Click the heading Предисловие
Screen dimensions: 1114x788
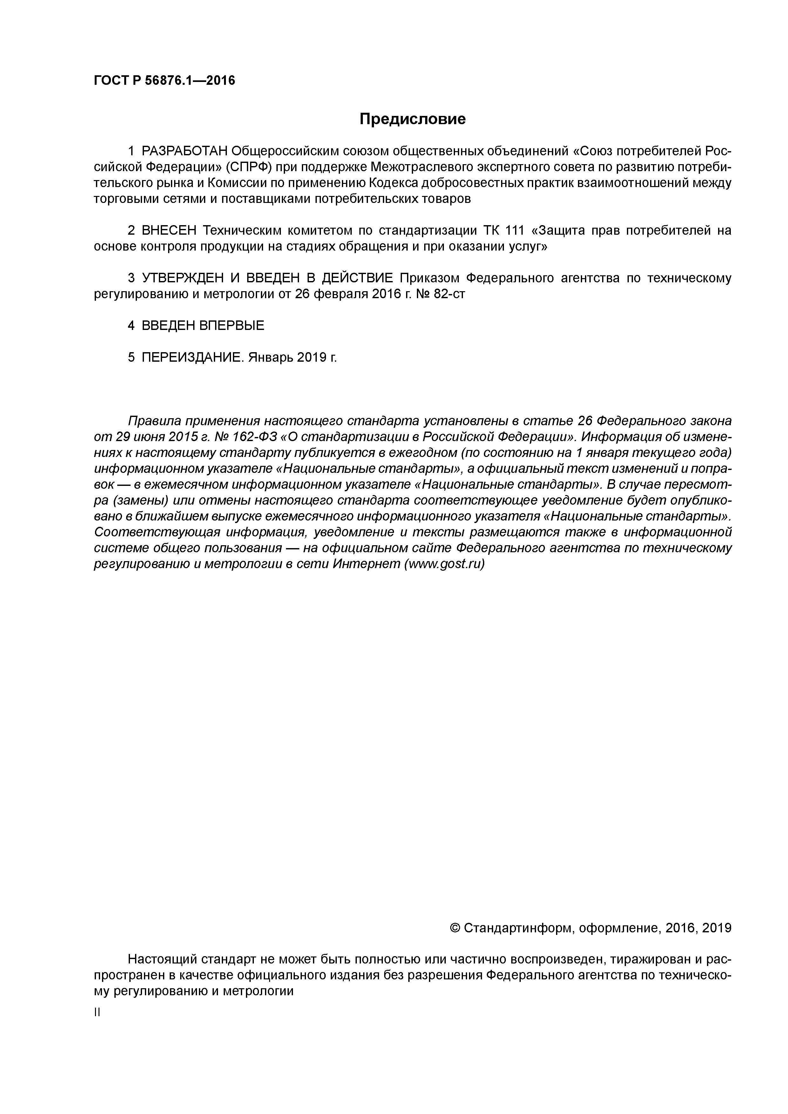click(412, 119)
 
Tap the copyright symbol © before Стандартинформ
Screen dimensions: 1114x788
click(455, 928)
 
